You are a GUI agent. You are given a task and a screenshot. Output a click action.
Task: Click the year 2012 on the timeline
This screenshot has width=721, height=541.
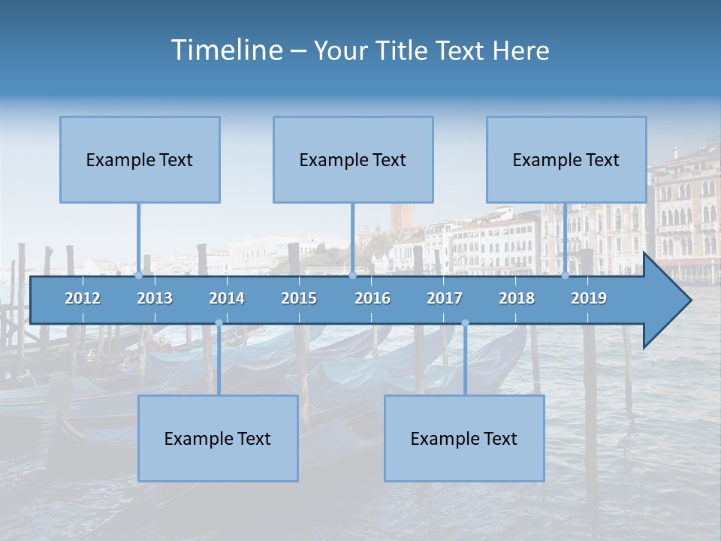(x=83, y=298)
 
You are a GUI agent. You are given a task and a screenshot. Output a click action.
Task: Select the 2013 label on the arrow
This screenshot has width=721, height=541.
(x=155, y=298)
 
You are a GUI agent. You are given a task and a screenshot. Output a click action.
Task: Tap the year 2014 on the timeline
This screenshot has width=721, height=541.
(x=227, y=298)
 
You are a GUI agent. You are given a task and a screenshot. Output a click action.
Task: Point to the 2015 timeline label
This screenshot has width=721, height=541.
(x=299, y=298)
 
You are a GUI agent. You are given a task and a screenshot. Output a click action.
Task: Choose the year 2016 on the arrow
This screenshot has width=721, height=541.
(x=373, y=298)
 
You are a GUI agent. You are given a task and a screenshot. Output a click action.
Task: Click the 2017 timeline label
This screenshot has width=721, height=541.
(x=445, y=298)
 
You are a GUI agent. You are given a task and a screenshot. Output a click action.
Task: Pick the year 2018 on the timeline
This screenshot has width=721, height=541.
(x=517, y=298)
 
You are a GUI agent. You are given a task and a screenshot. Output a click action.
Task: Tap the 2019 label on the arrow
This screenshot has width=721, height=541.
(x=589, y=298)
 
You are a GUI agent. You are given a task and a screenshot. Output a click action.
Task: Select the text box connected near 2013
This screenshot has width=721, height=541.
(x=140, y=159)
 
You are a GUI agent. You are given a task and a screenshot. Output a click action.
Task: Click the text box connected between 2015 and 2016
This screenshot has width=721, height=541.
(x=353, y=159)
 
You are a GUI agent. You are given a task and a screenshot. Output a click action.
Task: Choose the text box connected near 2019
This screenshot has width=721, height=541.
(x=566, y=159)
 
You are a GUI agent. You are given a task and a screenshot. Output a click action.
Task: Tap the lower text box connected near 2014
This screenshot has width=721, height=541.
(x=218, y=438)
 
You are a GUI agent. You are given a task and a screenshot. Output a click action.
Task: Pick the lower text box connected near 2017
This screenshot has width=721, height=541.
(x=464, y=438)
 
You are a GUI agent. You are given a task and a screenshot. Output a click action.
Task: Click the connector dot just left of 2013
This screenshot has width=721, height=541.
(x=139, y=275)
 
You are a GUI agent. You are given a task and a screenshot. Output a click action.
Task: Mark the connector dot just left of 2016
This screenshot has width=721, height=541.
(x=352, y=275)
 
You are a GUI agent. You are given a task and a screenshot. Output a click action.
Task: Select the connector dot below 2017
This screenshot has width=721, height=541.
(x=465, y=323)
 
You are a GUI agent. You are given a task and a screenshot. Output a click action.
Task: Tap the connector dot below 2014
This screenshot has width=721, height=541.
(x=219, y=323)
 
